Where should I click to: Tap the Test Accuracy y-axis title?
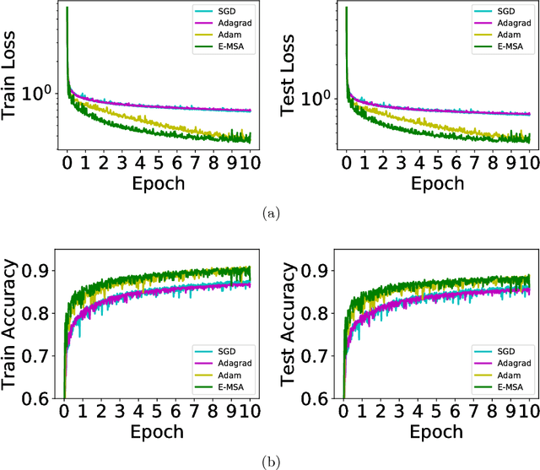(294, 325)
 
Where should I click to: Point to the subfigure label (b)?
(270, 461)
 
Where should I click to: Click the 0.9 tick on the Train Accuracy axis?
(38, 272)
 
